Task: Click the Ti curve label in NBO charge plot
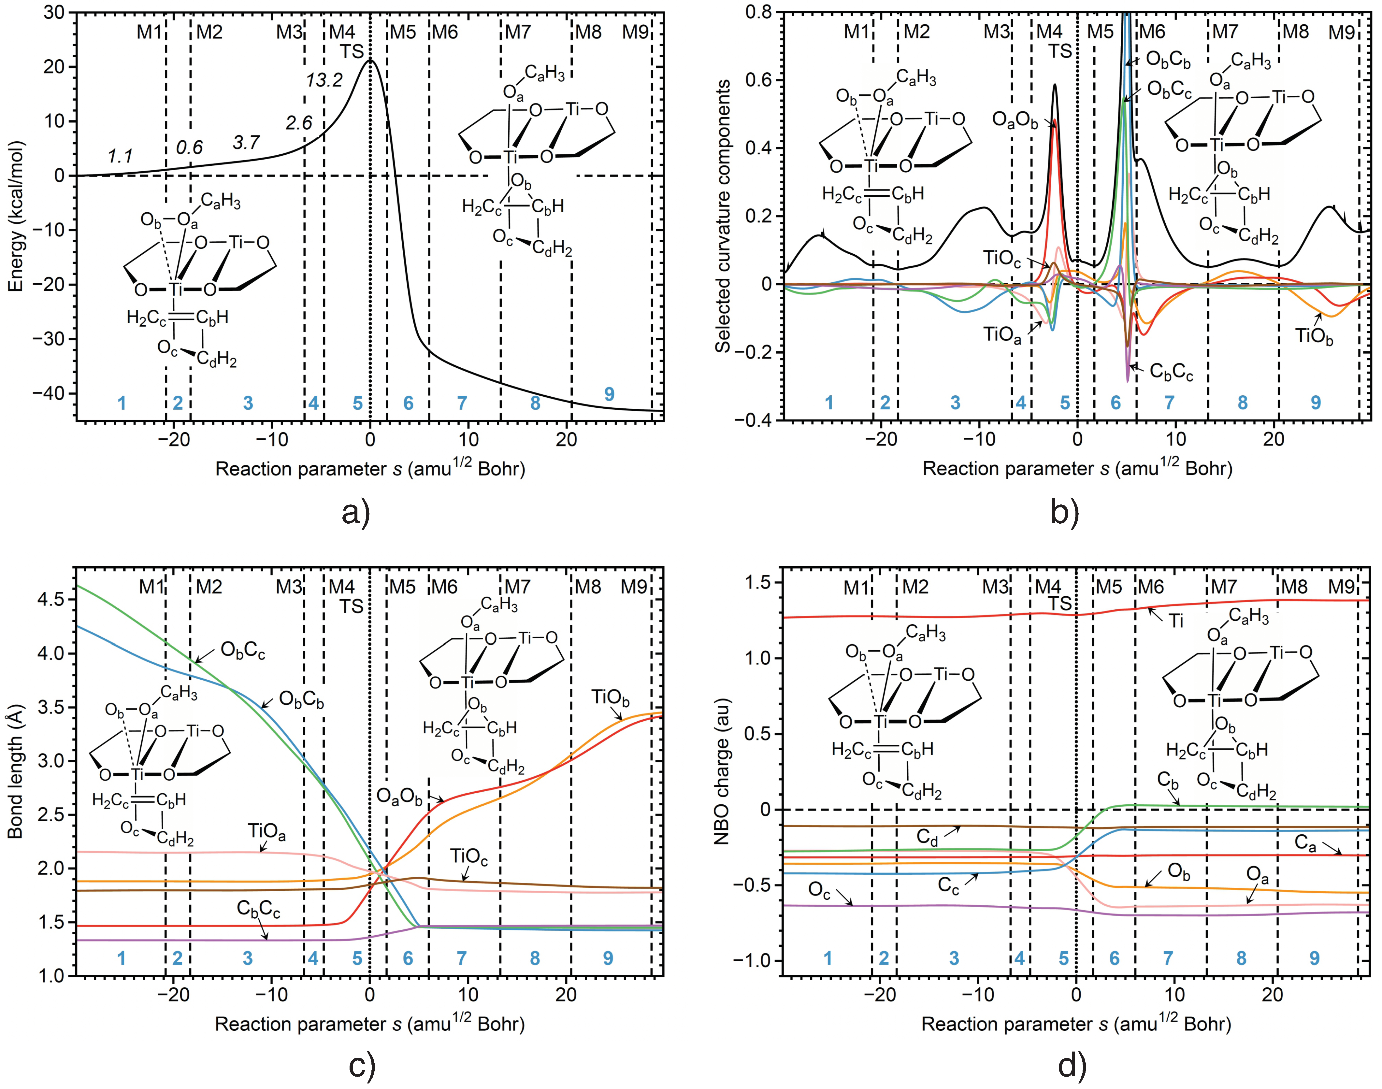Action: (1176, 620)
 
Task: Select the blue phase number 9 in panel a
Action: (609, 394)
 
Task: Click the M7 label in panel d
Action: (1224, 587)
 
